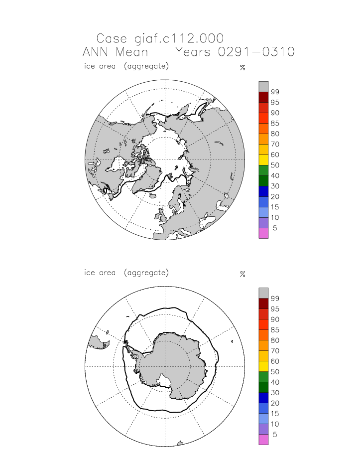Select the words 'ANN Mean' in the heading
(115, 52)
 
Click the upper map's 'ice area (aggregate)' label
(126, 66)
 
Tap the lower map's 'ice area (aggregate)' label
(126, 273)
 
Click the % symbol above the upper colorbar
(242, 67)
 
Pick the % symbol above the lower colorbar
(242, 274)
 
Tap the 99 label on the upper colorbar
(274, 92)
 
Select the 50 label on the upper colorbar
(274, 165)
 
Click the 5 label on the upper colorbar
(274, 228)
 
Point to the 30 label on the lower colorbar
(274, 393)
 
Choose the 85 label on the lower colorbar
(274, 330)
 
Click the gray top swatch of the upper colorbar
(263, 86)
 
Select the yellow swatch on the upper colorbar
(263, 159)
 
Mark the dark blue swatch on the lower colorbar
(263, 398)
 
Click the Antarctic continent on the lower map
(169, 364)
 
